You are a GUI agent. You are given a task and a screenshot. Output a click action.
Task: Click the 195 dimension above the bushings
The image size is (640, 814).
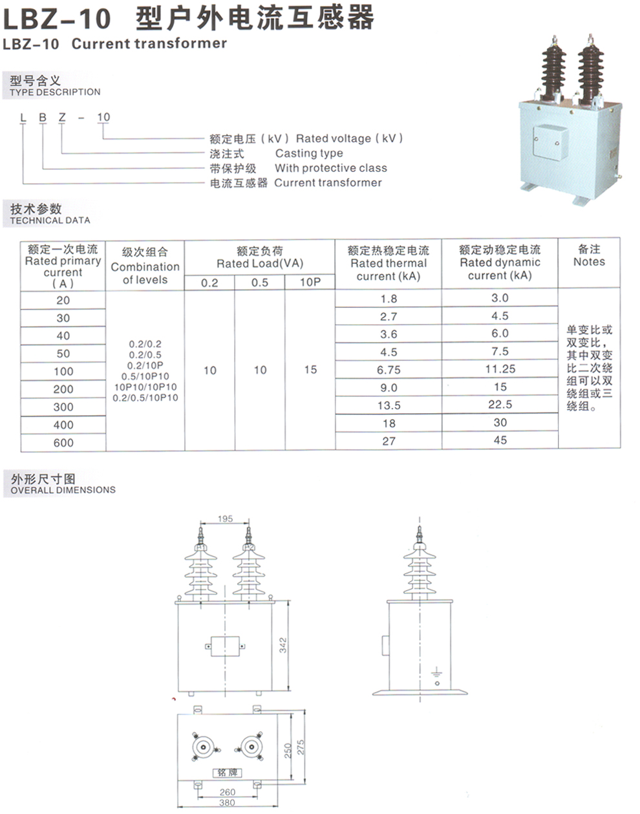(x=225, y=519)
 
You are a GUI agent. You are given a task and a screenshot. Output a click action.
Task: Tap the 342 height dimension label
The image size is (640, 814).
(x=283, y=645)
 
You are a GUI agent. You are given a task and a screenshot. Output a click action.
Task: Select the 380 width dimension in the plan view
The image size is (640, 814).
(x=227, y=803)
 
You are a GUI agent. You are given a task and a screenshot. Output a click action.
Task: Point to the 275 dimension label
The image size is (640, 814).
(x=300, y=747)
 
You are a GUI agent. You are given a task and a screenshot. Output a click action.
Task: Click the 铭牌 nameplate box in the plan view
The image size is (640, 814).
(x=227, y=773)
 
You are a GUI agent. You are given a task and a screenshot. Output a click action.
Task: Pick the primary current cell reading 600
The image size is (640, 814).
(x=63, y=443)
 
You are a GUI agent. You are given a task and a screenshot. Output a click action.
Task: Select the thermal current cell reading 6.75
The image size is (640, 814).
(x=389, y=370)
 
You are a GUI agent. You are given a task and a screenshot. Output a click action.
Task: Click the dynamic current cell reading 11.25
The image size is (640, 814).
(x=500, y=369)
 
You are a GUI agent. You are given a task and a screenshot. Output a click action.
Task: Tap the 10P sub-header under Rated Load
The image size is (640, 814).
(x=310, y=283)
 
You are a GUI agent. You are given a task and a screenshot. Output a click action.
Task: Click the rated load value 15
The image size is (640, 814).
(x=310, y=370)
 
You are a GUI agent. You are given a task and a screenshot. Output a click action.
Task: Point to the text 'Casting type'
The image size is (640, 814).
(x=309, y=153)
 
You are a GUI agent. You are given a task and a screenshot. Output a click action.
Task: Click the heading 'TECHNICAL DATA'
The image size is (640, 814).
(x=50, y=220)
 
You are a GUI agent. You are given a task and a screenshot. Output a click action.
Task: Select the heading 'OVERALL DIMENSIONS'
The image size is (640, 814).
(x=63, y=490)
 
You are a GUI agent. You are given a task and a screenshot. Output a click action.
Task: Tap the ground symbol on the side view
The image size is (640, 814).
(x=437, y=673)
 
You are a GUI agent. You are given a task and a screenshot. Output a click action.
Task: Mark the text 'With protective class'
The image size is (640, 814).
(x=330, y=168)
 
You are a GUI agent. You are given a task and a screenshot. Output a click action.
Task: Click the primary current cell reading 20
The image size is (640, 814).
(x=63, y=300)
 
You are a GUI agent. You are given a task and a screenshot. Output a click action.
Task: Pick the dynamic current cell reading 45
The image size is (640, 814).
(x=500, y=440)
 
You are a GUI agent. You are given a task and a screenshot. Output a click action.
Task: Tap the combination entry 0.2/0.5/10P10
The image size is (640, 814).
(x=145, y=398)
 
